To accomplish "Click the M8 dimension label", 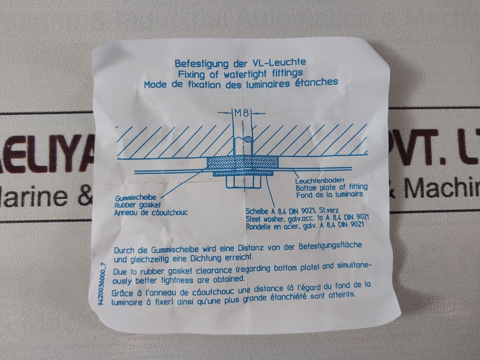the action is (x=241, y=113).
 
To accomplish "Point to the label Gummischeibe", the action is (x=136, y=198).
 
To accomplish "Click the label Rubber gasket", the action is (x=137, y=205).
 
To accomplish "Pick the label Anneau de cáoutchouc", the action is (x=151, y=212).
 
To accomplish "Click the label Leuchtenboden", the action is (x=320, y=180).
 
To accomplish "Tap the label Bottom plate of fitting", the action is (x=332, y=187).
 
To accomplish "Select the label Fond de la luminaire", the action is (x=329, y=194).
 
